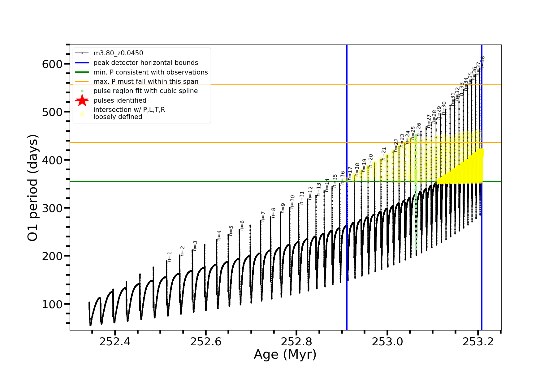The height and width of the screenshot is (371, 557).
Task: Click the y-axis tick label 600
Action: pyautogui.click(x=52, y=64)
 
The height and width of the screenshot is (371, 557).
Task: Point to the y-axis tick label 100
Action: pyautogui.click(x=52, y=304)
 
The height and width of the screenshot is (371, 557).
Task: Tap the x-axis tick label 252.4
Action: pyautogui.click(x=115, y=342)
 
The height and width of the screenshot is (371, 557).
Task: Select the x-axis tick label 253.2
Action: pyautogui.click(x=478, y=342)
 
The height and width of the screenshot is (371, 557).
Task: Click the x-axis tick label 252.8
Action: pyautogui.click(x=296, y=342)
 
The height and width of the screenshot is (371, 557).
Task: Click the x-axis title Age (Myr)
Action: pyautogui.click(x=285, y=354)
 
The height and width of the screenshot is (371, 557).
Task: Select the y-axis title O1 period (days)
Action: pyautogui.click(x=32, y=188)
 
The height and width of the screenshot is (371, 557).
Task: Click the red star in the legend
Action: pyautogui.click(x=82, y=100)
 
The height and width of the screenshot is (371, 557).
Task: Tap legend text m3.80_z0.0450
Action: pyautogui.click(x=118, y=53)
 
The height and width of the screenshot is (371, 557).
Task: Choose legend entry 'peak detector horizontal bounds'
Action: pyautogui.click(x=145, y=63)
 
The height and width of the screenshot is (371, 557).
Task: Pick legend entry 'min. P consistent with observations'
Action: pyautogui.click(x=150, y=72)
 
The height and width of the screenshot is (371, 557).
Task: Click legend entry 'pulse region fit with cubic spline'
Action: pyautogui.click(x=145, y=91)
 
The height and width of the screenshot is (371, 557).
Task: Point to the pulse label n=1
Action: pyautogui.click(x=169, y=256)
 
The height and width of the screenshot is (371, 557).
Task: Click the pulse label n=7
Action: pyautogui.click(x=263, y=216)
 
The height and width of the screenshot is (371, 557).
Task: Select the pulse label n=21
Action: pyautogui.click(x=384, y=153)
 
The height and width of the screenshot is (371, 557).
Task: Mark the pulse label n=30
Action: pyautogui.click(x=444, y=108)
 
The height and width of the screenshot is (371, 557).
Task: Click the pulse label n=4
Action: pyautogui.click(x=219, y=235)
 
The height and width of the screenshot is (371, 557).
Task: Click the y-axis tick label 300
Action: pyautogui.click(x=52, y=208)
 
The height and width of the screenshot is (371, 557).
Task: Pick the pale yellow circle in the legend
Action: pyautogui.click(x=82, y=114)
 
